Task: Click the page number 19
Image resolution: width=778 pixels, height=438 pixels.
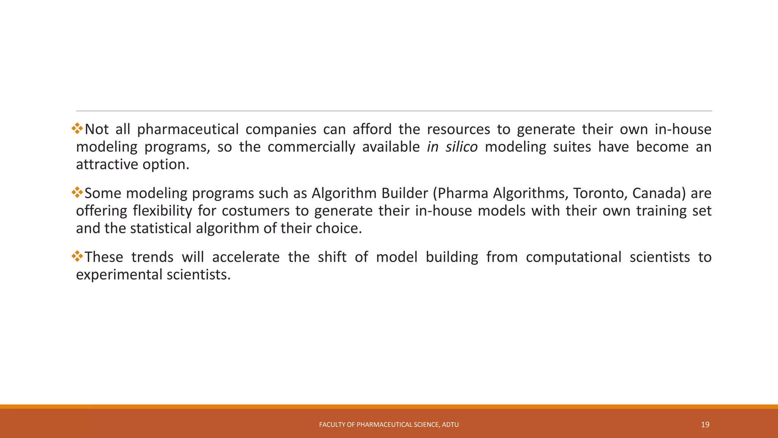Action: click(x=705, y=425)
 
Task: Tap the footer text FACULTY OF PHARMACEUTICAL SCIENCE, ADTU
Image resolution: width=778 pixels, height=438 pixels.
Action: click(x=389, y=425)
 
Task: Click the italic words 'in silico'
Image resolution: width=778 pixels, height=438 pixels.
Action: click(x=452, y=147)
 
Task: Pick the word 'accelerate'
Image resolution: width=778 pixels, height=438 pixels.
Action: click(x=245, y=257)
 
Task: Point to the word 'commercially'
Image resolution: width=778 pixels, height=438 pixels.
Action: click(x=311, y=147)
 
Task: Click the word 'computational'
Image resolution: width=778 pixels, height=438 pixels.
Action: click(x=574, y=257)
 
